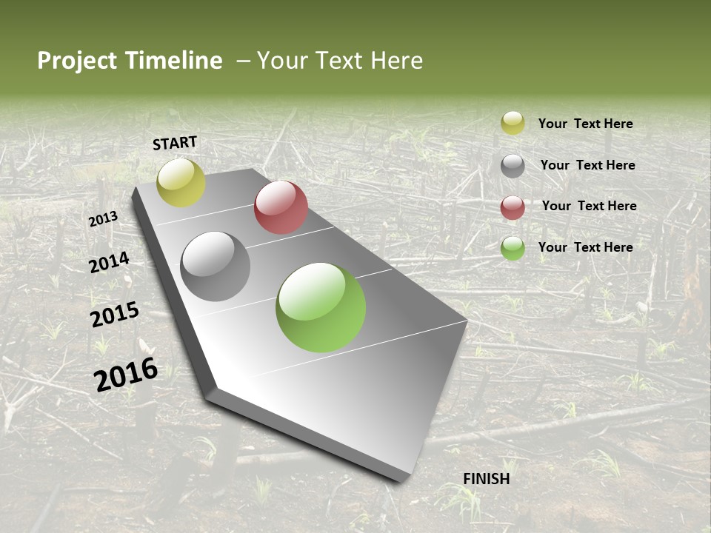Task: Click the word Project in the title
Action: [78, 61]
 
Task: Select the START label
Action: [175, 143]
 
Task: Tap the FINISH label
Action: [487, 479]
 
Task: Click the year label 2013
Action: [103, 219]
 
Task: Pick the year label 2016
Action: [126, 375]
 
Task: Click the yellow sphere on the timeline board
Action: [181, 183]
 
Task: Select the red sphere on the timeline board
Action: [281, 207]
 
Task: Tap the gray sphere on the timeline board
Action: [216, 266]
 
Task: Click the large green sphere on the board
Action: [321, 307]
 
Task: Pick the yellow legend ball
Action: [513, 123]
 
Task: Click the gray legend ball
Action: [513, 166]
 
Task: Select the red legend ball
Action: [513, 207]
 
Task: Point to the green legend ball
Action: [513, 248]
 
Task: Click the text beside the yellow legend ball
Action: [585, 124]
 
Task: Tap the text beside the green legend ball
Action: [585, 247]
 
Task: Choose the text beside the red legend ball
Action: [589, 206]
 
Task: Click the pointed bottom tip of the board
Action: [404, 477]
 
